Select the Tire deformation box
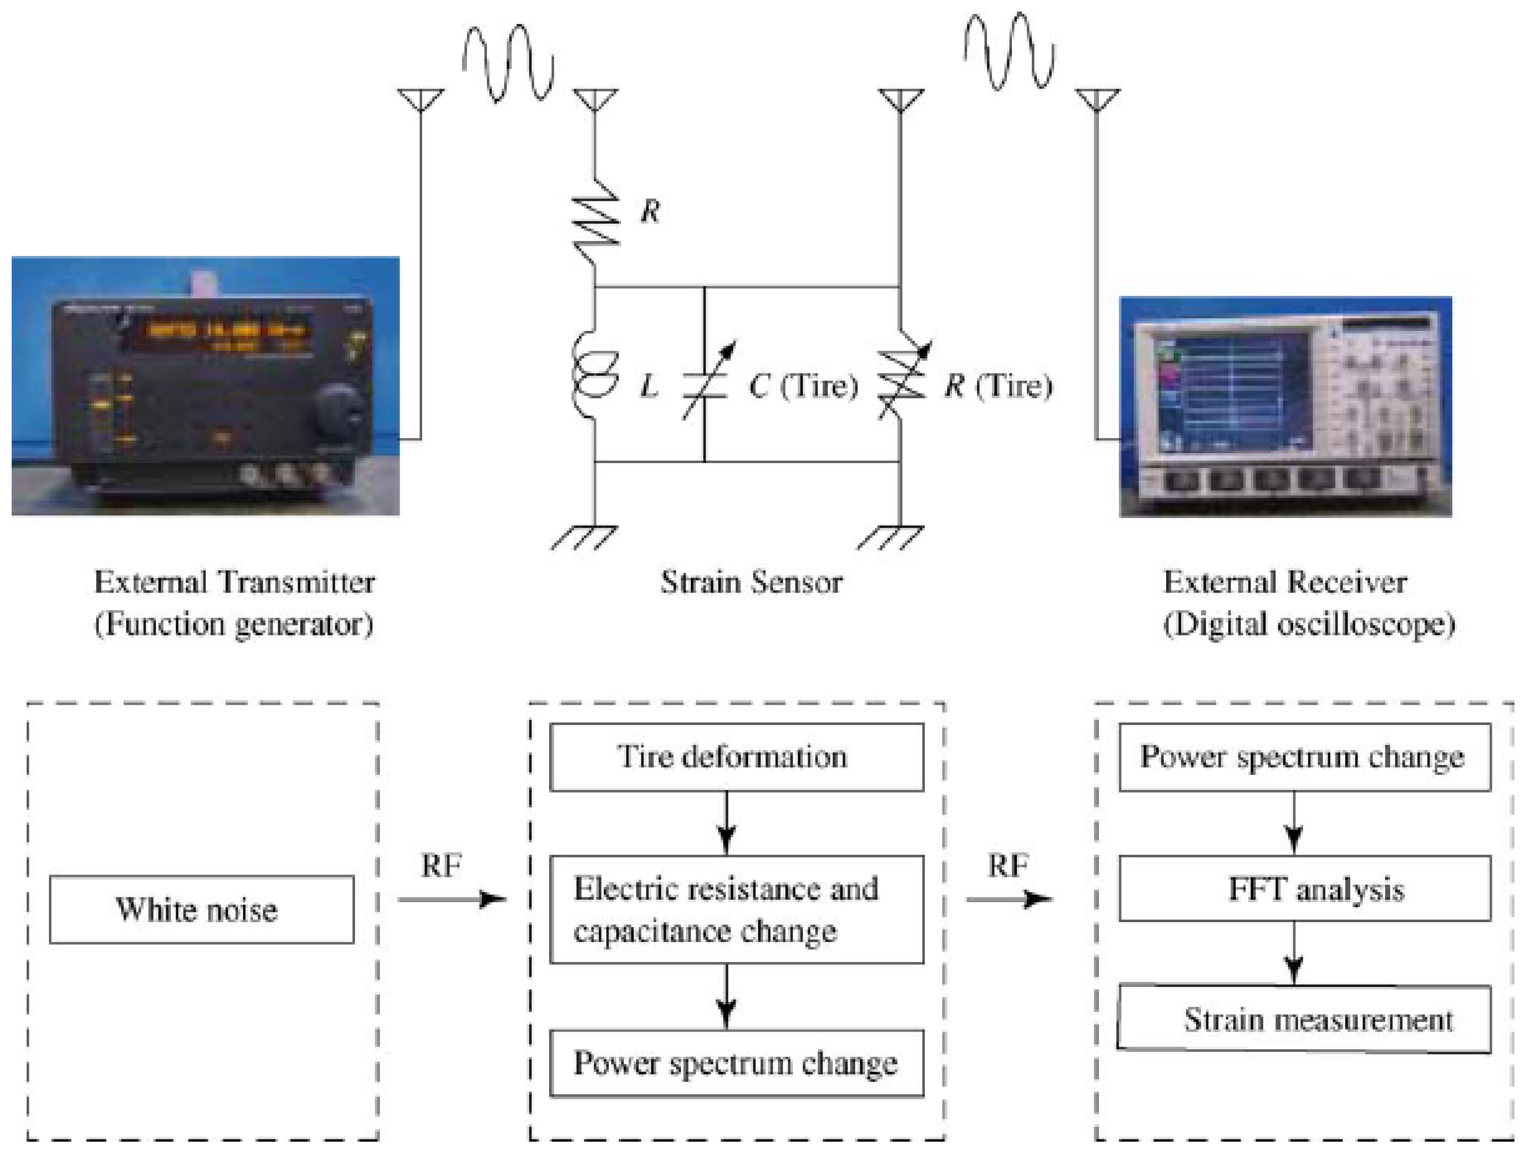tap(736, 756)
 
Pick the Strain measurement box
tap(1304, 1019)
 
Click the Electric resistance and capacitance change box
tap(736, 909)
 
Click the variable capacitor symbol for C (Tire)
tap(705, 383)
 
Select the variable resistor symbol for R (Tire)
tap(902, 383)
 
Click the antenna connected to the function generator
tap(421, 100)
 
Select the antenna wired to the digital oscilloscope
tap(1097, 100)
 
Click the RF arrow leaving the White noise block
tap(452, 899)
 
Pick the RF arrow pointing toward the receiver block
tap(1009, 899)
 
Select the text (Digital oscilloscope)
tap(1309, 624)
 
